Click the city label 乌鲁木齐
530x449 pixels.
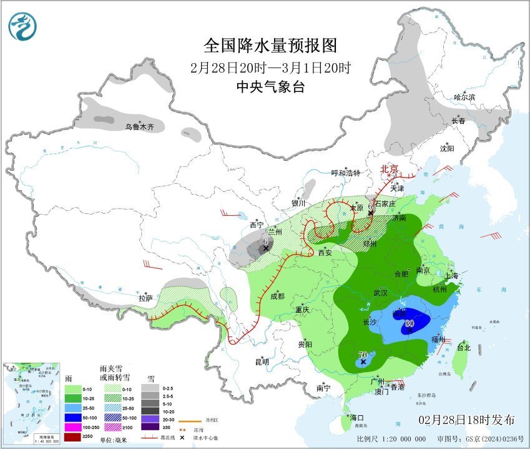coord(143,127)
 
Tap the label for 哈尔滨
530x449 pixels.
coord(464,97)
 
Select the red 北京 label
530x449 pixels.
coord(390,168)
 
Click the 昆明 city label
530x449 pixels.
coord(261,361)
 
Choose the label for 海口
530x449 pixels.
coord(356,417)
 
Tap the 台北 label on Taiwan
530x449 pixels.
coord(463,347)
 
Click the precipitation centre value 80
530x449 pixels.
coord(410,323)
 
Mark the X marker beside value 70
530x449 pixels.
coord(363,362)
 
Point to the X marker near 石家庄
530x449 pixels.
coord(371,213)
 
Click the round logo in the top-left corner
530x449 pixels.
coord(22,26)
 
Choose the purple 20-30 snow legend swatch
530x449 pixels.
coord(150,418)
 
